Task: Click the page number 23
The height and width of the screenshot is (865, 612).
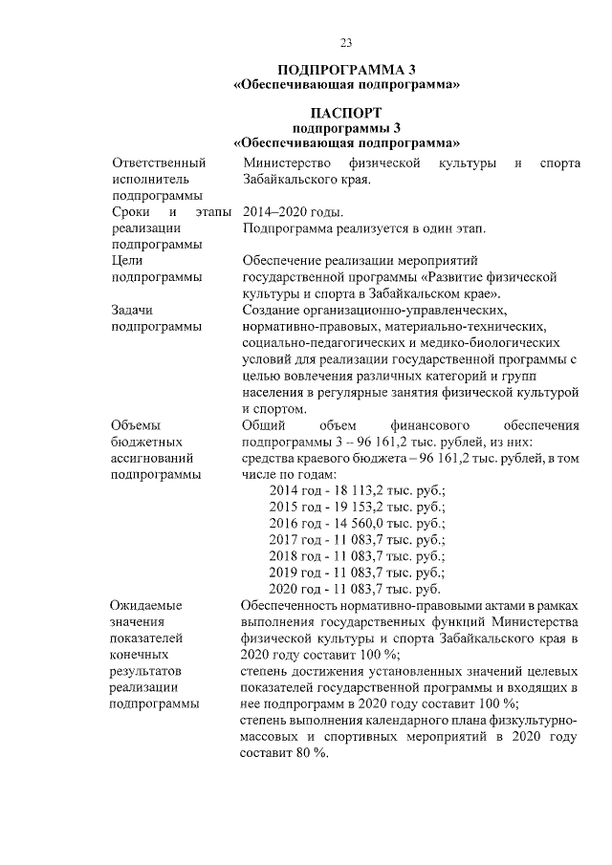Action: click(x=346, y=41)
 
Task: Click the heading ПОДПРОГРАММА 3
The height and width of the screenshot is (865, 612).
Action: click(x=346, y=71)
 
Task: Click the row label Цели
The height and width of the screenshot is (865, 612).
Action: click(x=127, y=260)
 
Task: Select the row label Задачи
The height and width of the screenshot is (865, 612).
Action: click(x=133, y=310)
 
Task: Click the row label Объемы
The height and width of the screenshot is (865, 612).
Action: click(x=136, y=424)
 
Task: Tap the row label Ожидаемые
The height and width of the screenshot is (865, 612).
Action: click(x=146, y=605)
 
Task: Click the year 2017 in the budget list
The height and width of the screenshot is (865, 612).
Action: click(x=285, y=539)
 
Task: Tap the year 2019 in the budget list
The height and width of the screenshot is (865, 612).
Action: click(x=285, y=572)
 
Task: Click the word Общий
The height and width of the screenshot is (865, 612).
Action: click(x=264, y=424)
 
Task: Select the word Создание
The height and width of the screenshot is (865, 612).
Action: click(x=274, y=310)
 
